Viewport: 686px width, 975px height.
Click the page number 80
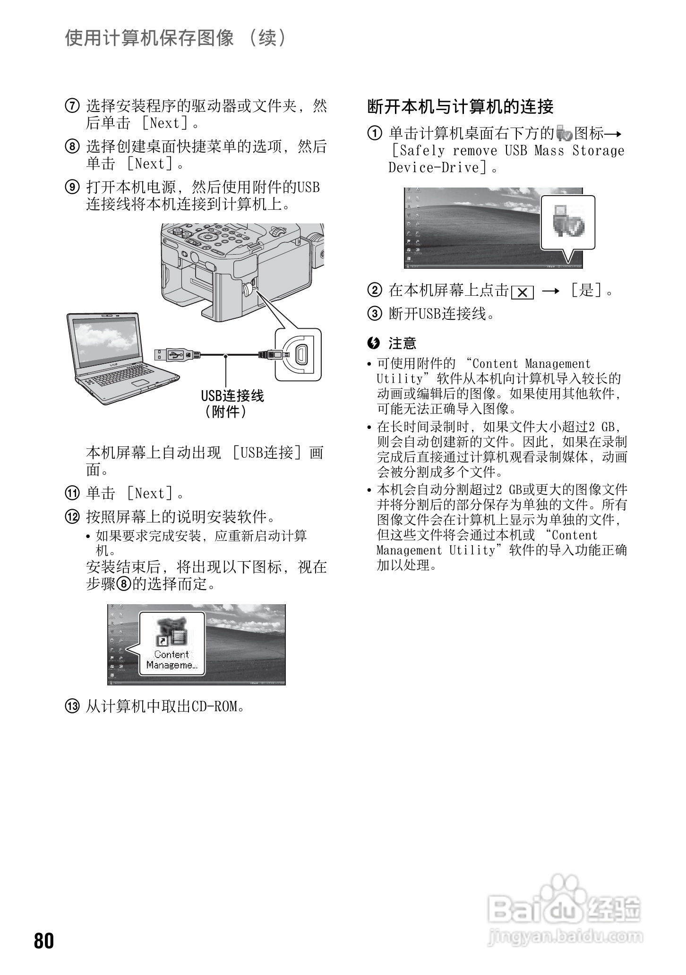coord(44,941)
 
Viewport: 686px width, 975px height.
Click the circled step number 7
coord(72,106)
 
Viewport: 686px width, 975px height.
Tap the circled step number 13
coord(72,707)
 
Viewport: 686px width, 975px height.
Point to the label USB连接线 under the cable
coord(232,396)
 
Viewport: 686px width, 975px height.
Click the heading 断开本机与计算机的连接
coord(460,107)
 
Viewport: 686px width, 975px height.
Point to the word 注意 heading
coord(402,343)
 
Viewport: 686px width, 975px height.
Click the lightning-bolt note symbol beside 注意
coord(374,343)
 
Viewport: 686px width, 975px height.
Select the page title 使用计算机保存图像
coord(149,38)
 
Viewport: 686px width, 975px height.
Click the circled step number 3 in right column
coord(374,313)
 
